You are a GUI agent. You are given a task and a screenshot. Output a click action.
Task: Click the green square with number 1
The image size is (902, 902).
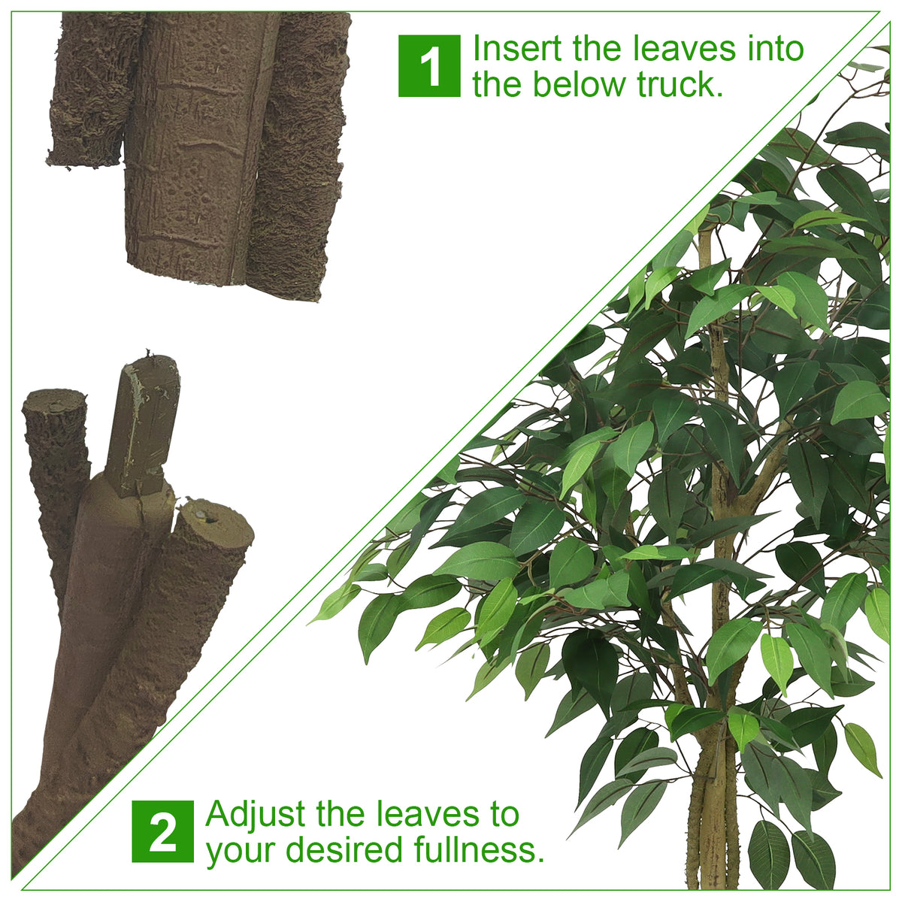coord(428,66)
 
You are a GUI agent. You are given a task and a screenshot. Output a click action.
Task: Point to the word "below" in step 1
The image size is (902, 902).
coord(579,85)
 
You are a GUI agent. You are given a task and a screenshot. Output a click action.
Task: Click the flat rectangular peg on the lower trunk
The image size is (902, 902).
coord(142,425)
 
